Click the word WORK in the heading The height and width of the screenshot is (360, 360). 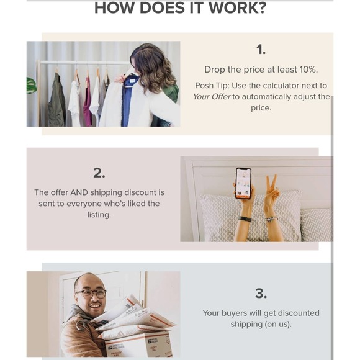237,8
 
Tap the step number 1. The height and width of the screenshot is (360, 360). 261,50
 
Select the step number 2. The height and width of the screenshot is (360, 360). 99,173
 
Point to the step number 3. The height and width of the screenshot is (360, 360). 261,294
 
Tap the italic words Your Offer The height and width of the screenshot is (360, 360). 212,97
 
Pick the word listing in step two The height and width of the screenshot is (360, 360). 99,215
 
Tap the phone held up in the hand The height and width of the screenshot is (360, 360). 243,183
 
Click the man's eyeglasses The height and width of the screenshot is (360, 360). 91,294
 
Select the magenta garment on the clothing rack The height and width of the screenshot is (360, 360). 88,101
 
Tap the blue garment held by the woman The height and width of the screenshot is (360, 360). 128,101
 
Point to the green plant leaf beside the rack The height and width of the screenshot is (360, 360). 32,86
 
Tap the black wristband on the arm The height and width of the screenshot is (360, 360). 245,219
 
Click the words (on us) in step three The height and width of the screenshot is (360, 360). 278,325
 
